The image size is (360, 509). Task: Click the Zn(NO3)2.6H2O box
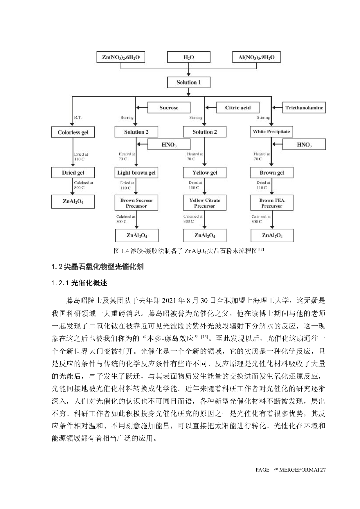(121, 57)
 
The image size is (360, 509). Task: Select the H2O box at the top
(189, 57)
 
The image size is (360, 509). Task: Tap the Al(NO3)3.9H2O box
(256, 57)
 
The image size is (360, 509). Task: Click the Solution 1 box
(189, 82)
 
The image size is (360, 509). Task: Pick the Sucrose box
(169, 108)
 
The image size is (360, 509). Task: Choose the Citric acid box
(238, 108)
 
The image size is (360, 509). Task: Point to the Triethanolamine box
(304, 108)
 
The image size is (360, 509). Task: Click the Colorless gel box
(73, 132)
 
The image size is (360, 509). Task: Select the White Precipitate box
(271, 132)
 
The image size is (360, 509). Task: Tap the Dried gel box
(73, 173)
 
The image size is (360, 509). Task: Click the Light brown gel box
(136, 173)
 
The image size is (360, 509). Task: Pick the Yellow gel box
(205, 173)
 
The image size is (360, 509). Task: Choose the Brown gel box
(272, 173)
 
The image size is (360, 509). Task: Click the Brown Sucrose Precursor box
(136, 203)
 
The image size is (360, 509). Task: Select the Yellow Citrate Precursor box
(205, 203)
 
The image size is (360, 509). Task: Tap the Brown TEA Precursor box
(272, 203)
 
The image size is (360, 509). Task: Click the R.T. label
(78, 118)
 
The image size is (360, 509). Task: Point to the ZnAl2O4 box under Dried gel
(73, 201)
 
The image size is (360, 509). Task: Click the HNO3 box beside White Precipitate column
(304, 145)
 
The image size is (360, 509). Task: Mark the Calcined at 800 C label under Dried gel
(83, 185)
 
